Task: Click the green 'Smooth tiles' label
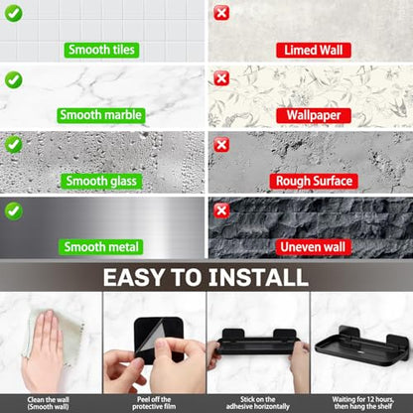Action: pyautogui.click(x=101, y=50)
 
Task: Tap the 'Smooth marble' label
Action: pyautogui.click(x=101, y=115)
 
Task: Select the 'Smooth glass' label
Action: pyautogui.click(x=101, y=181)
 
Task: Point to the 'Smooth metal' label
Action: pyautogui.click(x=101, y=247)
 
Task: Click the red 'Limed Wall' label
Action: pyautogui.click(x=314, y=51)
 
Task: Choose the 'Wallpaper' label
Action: pyautogui.click(x=314, y=115)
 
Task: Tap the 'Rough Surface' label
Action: pyautogui.click(x=314, y=181)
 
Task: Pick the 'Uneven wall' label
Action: pyautogui.click(x=313, y=247)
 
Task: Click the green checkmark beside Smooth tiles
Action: pyautogui.click(x=14, y=13)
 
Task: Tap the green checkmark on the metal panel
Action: pyautogui.click(x=14, y=211)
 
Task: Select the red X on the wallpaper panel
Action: pyautogui.click(x=221, y=78)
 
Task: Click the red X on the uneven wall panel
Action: pyautogui.click(x=221, y=210)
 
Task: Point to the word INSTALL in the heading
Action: pyautogui.click(x=258, y=277)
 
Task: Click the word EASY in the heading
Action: pyautogui.click(x=133, y=277)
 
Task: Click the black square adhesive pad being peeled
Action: pyautogui.click(x=159, y=339)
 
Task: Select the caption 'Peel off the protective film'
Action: pyautogui.click(x=154, y=403)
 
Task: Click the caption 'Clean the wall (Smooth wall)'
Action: pyautogui.click(x=49, y=403)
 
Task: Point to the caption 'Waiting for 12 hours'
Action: pyautogui.click(x=363, y=399)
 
